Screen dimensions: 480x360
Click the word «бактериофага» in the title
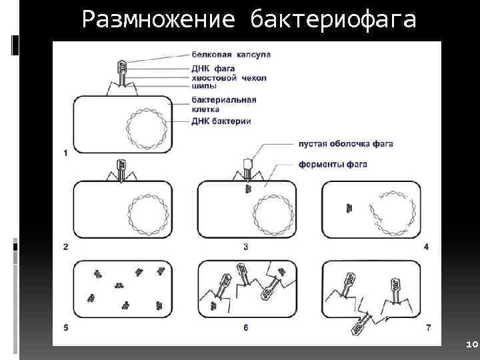click(x=333, y=21)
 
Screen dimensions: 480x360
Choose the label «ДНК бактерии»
click(x=221, y=121)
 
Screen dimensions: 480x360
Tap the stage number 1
click(x=65, y=153)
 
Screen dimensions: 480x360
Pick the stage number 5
click(x=65, y=327)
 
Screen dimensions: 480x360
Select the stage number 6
click(x=245, y=327)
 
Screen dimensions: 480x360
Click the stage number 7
click(x=427, y=327)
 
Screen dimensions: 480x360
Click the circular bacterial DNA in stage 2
click(x=146, y=215)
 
